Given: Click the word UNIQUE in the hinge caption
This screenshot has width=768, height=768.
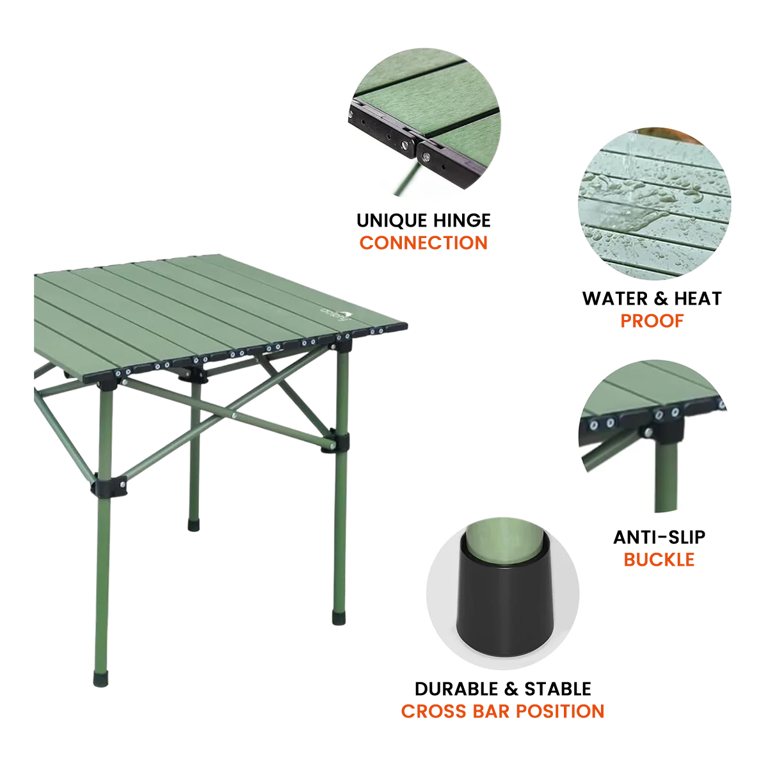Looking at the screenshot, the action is [x=392, y=220].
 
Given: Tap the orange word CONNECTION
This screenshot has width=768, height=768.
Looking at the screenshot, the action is [x=423, y=243].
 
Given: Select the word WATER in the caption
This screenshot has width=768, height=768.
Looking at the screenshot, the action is [x=615, y=298].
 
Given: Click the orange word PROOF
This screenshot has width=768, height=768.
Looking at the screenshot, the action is [x=652, y=321].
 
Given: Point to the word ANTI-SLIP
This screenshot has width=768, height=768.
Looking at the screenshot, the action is [x=659, y=537].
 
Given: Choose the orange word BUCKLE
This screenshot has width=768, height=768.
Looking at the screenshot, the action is [x=659, y=559].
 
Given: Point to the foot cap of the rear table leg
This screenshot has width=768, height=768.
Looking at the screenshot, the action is [x=194, y=525].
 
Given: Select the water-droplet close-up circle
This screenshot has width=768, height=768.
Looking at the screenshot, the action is [x=655, y=204].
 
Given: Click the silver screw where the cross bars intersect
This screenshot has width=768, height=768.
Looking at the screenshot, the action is [x=234, y=416].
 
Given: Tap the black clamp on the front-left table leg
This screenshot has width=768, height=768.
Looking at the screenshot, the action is [x=108, y=485].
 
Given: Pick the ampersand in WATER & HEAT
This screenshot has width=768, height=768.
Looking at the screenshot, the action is [x=660, y=298].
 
